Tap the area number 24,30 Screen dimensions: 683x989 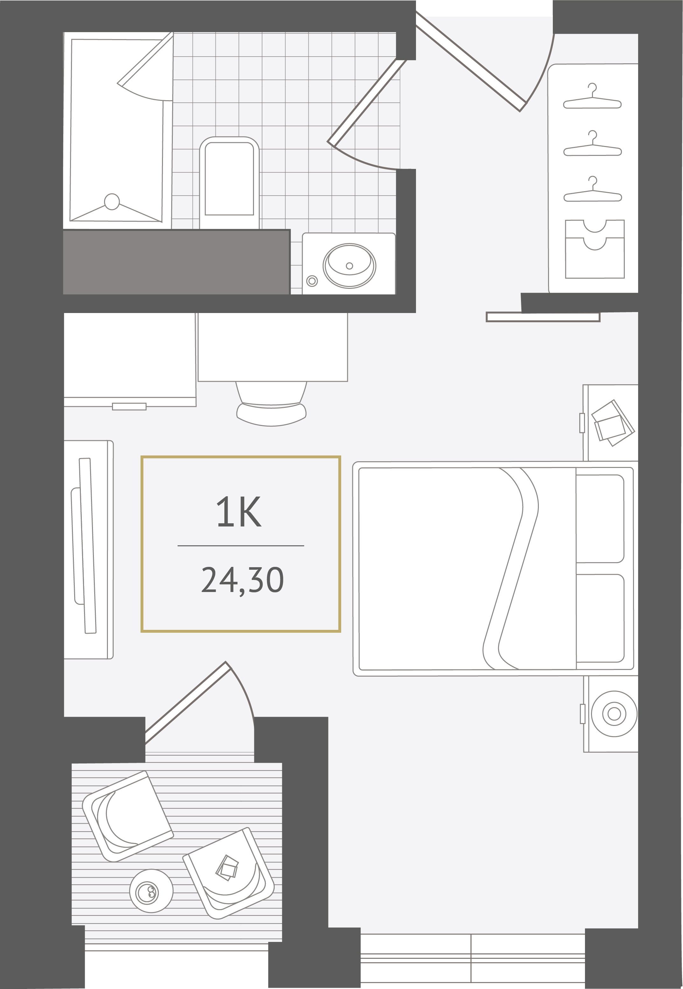242,581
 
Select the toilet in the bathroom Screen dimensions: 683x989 229,183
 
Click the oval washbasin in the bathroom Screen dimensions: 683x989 349,266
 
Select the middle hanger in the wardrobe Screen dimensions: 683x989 592,144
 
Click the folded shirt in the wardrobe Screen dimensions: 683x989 595,249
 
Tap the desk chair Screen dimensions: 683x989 271,404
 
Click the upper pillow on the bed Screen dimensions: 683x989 600,519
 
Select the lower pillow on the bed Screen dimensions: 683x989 600,618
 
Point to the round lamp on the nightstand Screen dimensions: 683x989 614,714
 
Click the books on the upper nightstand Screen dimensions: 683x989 612,423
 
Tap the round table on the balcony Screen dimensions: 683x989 151,891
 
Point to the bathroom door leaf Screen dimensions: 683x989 366,102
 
